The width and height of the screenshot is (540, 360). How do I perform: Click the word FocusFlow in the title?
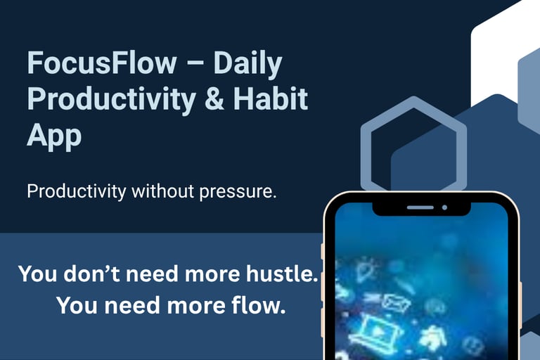(102, 63)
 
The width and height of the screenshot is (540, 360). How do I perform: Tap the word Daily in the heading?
(248, 64)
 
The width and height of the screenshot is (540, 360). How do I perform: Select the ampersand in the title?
(214, 98)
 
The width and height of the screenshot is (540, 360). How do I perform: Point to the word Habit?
(271, 98)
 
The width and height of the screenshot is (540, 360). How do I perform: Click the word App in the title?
(54, 136)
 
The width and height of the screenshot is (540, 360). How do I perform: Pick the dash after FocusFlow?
(195, 65)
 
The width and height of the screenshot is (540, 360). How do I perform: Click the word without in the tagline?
(162, 191)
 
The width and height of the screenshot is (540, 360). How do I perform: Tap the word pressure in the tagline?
(238, 192)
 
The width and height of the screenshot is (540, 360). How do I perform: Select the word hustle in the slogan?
(282, 274)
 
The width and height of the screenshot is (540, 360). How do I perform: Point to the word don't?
(91, 274)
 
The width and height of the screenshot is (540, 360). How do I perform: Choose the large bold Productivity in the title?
(112, 100)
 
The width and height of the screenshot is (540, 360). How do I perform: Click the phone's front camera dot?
(444, 207)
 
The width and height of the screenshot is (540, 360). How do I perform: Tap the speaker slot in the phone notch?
(420, 207)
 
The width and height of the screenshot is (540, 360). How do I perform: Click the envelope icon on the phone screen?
(397, 302)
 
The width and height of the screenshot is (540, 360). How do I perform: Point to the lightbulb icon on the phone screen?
(365, 271)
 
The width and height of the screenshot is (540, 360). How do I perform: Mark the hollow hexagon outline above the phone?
(366, 155)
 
